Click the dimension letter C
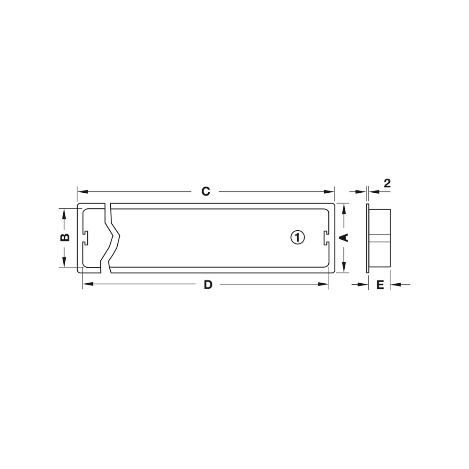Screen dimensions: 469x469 click(x=205, y=191)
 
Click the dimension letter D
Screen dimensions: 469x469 click(x=208, y=285)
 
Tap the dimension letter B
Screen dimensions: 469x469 click(x=65, y=237)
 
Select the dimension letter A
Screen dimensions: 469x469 click(x=344, y=237)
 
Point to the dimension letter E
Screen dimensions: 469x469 click(x=380, y=285)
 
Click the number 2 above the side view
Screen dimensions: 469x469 click(x=387, y=183)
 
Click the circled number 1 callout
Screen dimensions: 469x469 click(x=297, y=237)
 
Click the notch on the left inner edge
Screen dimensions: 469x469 click(x=85, y=237)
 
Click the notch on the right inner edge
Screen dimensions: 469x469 click(x=325, y=237)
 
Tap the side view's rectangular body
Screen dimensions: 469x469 click(x=380, y=237)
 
